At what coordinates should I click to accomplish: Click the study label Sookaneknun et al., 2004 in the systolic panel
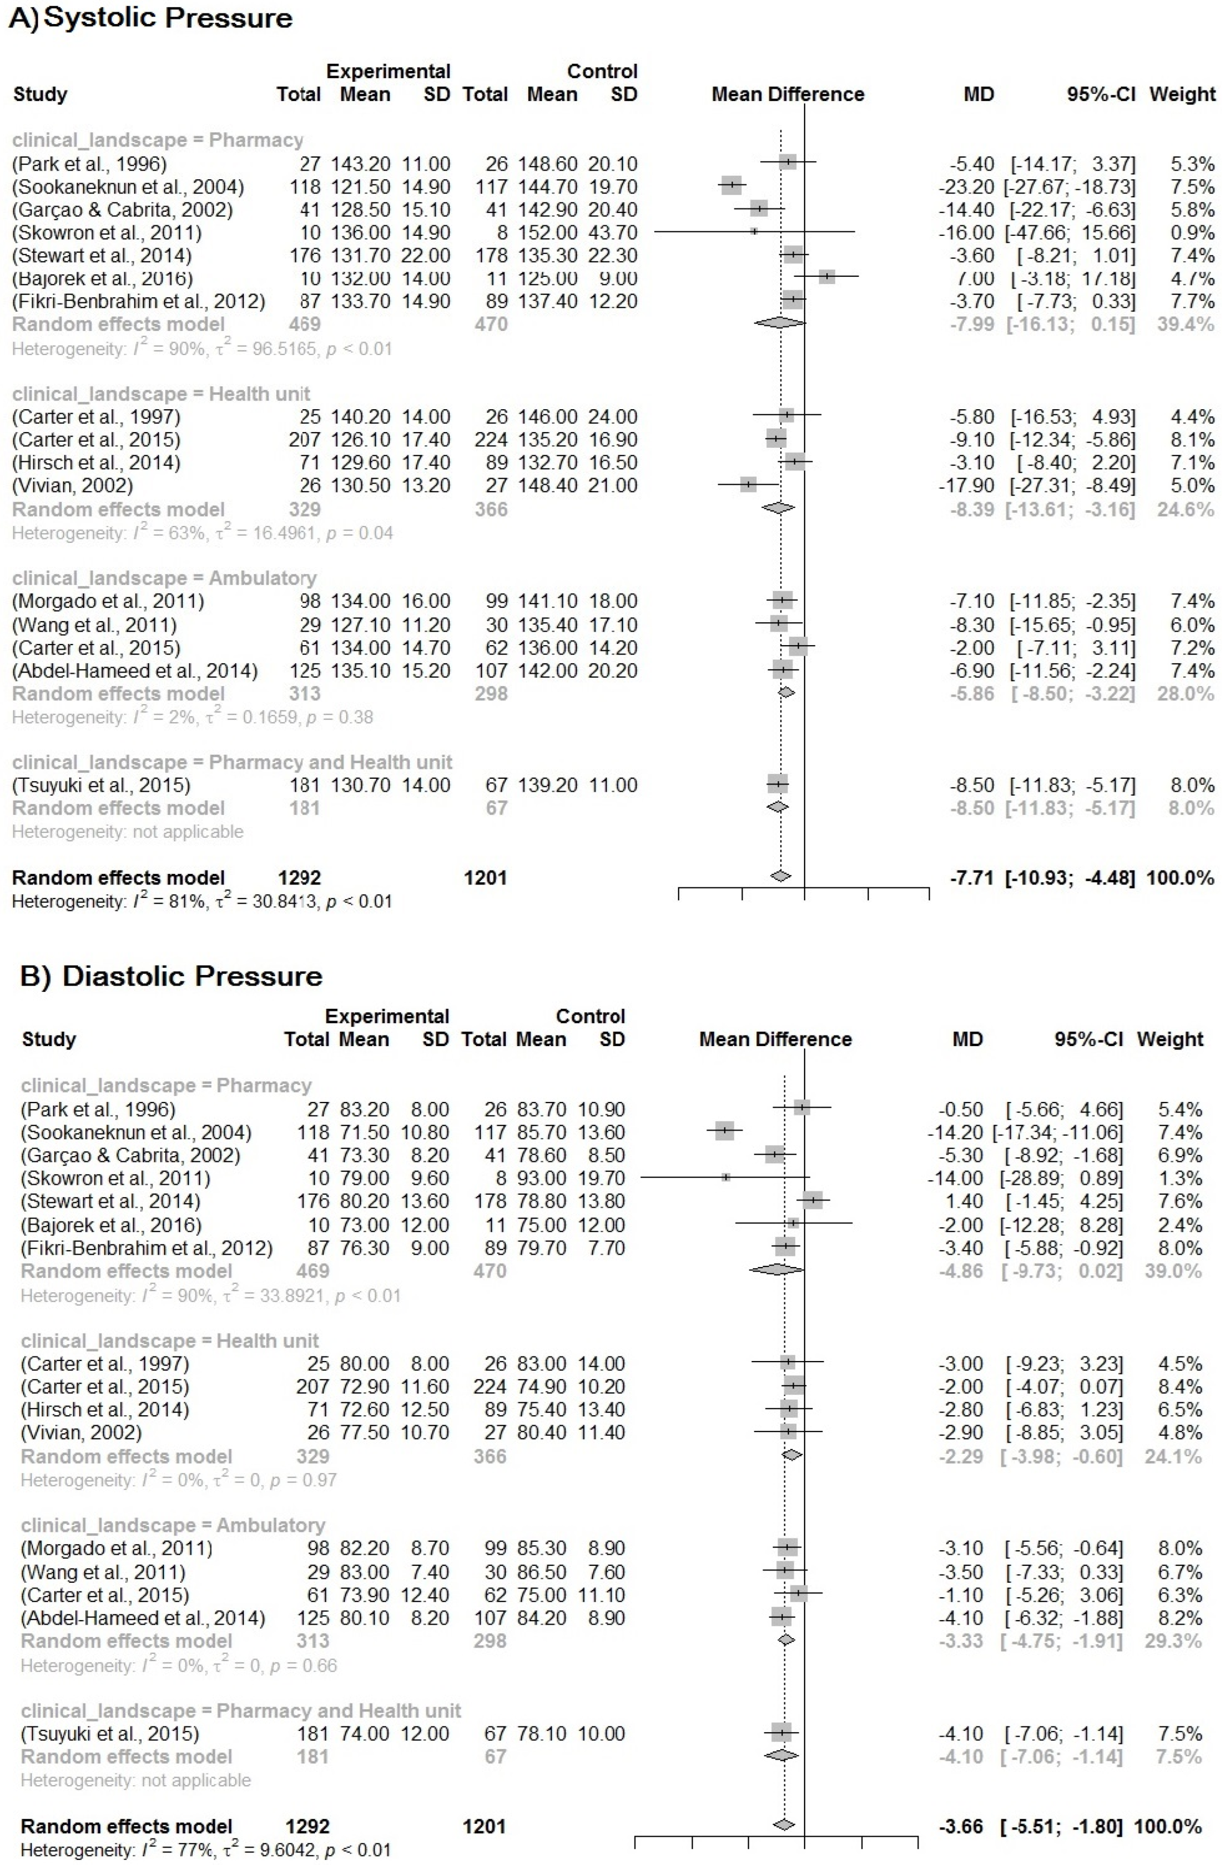128,187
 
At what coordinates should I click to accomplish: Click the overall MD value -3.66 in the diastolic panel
960,1827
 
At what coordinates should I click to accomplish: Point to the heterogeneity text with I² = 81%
202,901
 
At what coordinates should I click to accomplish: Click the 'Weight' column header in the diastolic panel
1169,1039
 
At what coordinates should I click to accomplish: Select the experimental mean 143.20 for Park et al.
364,164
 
